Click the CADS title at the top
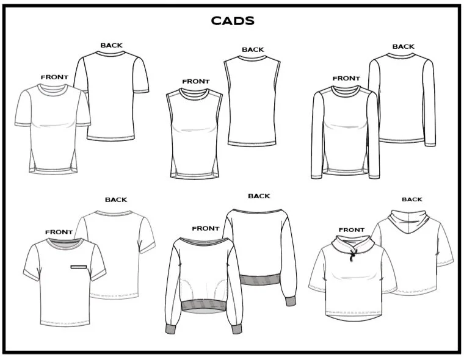tap(233, 21)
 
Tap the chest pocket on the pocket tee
tap(81, 267)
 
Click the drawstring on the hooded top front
tap(352, 256)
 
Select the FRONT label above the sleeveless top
tap(195, 81)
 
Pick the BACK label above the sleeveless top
tap(253, 50)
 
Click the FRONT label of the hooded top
tap(352, 230)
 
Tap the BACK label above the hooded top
tap(412, 200)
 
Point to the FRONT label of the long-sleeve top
tap(346, 78)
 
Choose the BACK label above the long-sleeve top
tap(404, 46)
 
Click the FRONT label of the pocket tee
tap(59, 232)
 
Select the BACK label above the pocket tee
tap(116, 200)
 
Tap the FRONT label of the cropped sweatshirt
tap(206, 228)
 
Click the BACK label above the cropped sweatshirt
tap(259, 196)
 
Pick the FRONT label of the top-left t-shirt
tap(54, 77)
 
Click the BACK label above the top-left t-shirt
tap(111, 45)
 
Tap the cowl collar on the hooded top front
tap(352, 245)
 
